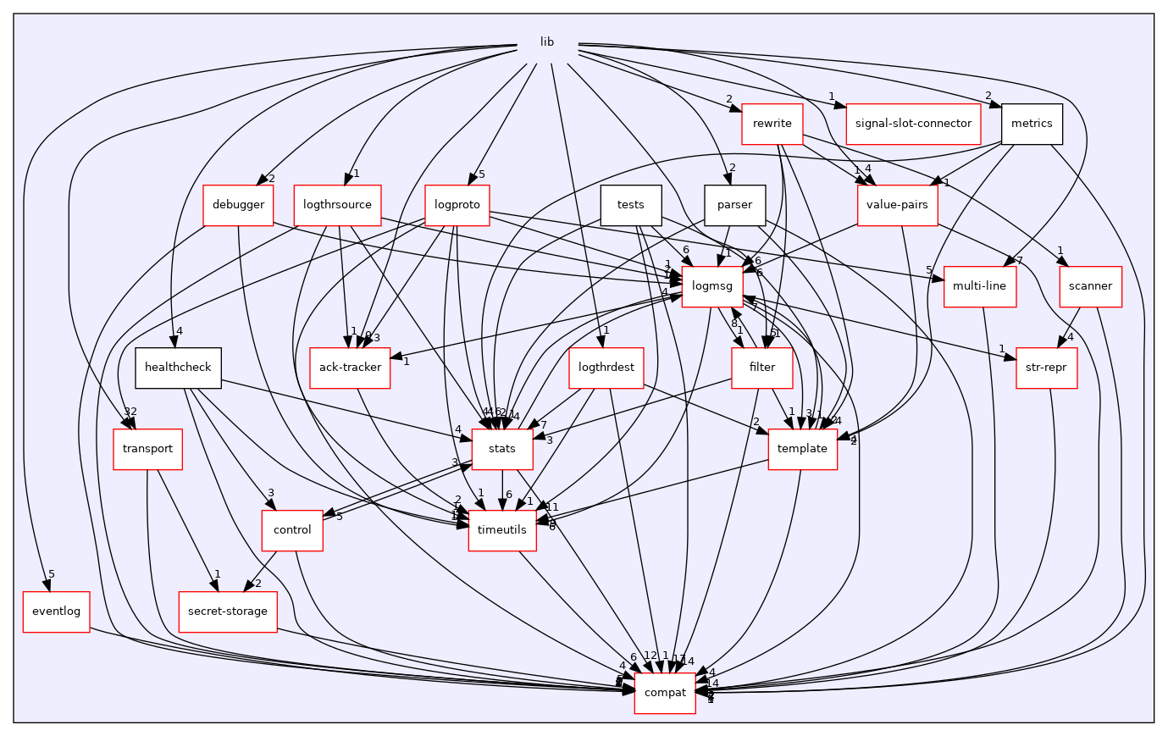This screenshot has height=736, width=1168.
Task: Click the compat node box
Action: tap(665, 693)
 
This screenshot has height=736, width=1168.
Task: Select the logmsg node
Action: tap(711, 286)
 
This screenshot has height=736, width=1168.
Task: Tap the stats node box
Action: tap(502, 449)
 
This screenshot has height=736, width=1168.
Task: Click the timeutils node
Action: tap(502, 530)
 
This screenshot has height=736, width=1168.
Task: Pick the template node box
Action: tap(802, 449)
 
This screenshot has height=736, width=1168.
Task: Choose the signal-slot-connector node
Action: tap(913, 124)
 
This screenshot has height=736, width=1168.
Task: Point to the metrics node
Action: tap(1032, 124)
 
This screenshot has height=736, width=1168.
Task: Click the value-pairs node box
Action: tap(897, 205)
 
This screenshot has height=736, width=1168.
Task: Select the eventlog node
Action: tap(56, 611)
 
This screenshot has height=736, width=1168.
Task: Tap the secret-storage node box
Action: tap(228, 611)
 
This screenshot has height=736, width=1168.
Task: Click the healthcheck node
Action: tap(178, 368)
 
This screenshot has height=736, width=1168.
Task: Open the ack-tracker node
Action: tap(350, 368)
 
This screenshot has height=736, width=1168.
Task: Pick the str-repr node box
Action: tap(1046, 368)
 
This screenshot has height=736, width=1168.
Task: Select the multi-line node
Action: tap(979, 286)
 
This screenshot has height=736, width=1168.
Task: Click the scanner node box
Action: tap(1090, 286)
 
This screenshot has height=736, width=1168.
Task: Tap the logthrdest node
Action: tap(606, 368)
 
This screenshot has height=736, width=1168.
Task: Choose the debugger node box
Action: tap(238, 205)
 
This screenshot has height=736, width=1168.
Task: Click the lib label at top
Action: tap(547, 42)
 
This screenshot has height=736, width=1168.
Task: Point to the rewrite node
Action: tap(772, 124)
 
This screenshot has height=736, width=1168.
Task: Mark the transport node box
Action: tap(147, 449)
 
